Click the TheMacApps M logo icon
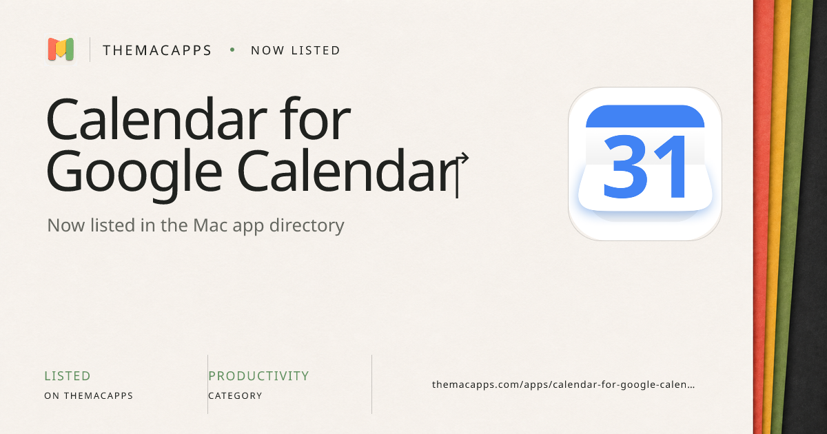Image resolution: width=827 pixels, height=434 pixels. [x=61, y=49]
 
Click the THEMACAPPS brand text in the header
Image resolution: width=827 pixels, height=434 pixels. [x=157, y=50]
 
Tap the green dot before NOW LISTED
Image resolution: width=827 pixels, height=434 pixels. [x=232, y=50]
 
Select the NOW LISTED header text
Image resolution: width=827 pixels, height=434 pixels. [x=296, y=50]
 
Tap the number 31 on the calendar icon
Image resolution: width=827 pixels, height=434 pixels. [x=645, y=167]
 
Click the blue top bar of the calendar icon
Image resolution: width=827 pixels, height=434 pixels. [x=645, y=116]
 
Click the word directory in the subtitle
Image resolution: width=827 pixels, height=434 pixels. [x=307, y=225]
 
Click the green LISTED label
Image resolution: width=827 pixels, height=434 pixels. [x=68, y=376]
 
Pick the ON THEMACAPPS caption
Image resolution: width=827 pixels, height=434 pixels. [x=89, y=395]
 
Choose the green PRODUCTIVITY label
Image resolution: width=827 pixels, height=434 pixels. [x=258, y=376]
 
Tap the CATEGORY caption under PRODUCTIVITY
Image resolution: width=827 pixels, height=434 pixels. [x=235, y=395]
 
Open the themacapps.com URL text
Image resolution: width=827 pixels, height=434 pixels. [x=564, y=384]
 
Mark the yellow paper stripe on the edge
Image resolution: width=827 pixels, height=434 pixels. [x=779, y=217]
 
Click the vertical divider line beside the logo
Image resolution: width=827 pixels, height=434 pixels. [x=90, y=50]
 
